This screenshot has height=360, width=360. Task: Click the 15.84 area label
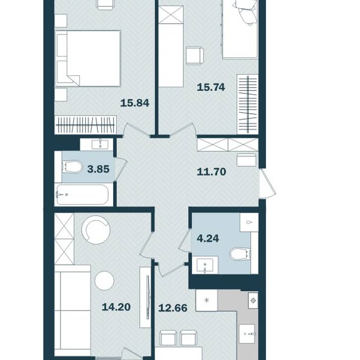[135, 103]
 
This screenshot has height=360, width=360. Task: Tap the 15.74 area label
[211, 87]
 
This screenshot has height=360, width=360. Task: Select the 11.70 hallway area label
[211, 172]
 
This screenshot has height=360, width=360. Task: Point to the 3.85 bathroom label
[98, 169]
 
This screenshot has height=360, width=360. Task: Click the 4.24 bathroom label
[208, 238]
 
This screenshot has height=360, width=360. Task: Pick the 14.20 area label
[116, 307]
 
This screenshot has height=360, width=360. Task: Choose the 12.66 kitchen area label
[173, 308]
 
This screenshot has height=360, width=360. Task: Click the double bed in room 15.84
[88, 58]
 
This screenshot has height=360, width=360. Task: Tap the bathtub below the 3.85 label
[83, 195]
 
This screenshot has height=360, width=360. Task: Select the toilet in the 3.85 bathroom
[72, 167]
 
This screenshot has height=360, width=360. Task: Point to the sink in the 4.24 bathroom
[205, 266]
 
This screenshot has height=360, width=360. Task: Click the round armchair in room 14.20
[96, 230]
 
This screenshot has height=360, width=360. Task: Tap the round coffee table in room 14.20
[104, 280]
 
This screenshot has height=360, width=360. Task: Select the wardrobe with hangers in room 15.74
[248, 104]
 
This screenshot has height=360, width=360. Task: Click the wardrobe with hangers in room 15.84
[86, 125]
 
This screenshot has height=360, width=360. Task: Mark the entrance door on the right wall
[268, 183]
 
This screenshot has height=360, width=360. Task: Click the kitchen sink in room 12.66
[247, 334]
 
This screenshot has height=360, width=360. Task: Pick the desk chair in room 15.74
[195, 56]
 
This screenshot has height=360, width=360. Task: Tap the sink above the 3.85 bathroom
[100, 144]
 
